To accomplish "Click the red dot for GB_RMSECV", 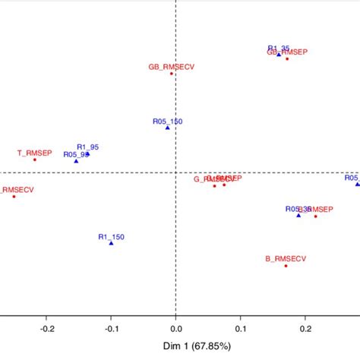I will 172,74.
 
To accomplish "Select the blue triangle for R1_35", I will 279,54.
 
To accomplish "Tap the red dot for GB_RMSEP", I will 287,58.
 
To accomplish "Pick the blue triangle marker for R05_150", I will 168,128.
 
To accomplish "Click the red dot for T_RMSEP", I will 35,159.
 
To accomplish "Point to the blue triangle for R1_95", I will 88,154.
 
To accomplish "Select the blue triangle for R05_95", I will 76,161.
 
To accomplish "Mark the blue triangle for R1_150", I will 111,243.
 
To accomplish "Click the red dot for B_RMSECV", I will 286,266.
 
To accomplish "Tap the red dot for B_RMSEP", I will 316,216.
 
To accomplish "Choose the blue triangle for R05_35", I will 298,216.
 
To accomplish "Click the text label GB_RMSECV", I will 172,67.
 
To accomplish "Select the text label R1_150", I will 111,236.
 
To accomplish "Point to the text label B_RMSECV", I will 286,258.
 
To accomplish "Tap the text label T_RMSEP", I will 34,152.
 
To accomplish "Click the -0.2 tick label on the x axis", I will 46,329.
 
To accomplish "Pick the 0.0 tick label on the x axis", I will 175,329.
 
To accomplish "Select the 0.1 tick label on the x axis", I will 240,329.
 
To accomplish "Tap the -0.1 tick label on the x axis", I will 111,329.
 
